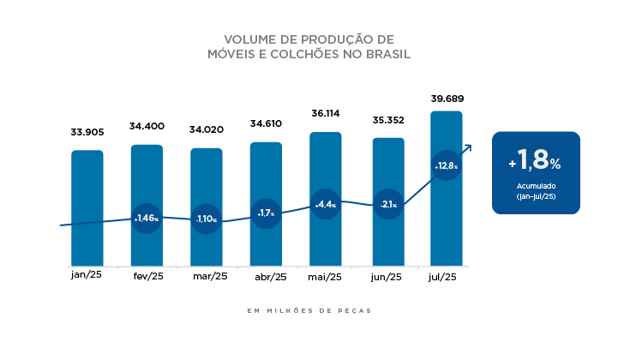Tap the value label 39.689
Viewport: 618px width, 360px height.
447,99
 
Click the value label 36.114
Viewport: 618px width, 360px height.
326,112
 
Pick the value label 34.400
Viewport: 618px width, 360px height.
147,126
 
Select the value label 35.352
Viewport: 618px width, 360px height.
387,120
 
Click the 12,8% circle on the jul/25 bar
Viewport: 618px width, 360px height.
447,166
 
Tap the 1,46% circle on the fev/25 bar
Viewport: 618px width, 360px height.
147,218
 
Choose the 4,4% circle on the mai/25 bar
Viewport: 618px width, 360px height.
326,204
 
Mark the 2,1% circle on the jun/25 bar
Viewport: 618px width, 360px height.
387,204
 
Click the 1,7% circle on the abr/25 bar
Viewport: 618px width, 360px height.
266,213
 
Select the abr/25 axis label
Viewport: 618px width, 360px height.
270,277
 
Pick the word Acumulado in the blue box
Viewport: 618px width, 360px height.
536,186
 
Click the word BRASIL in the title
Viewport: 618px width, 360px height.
387,54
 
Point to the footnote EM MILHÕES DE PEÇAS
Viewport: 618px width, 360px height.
309,310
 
